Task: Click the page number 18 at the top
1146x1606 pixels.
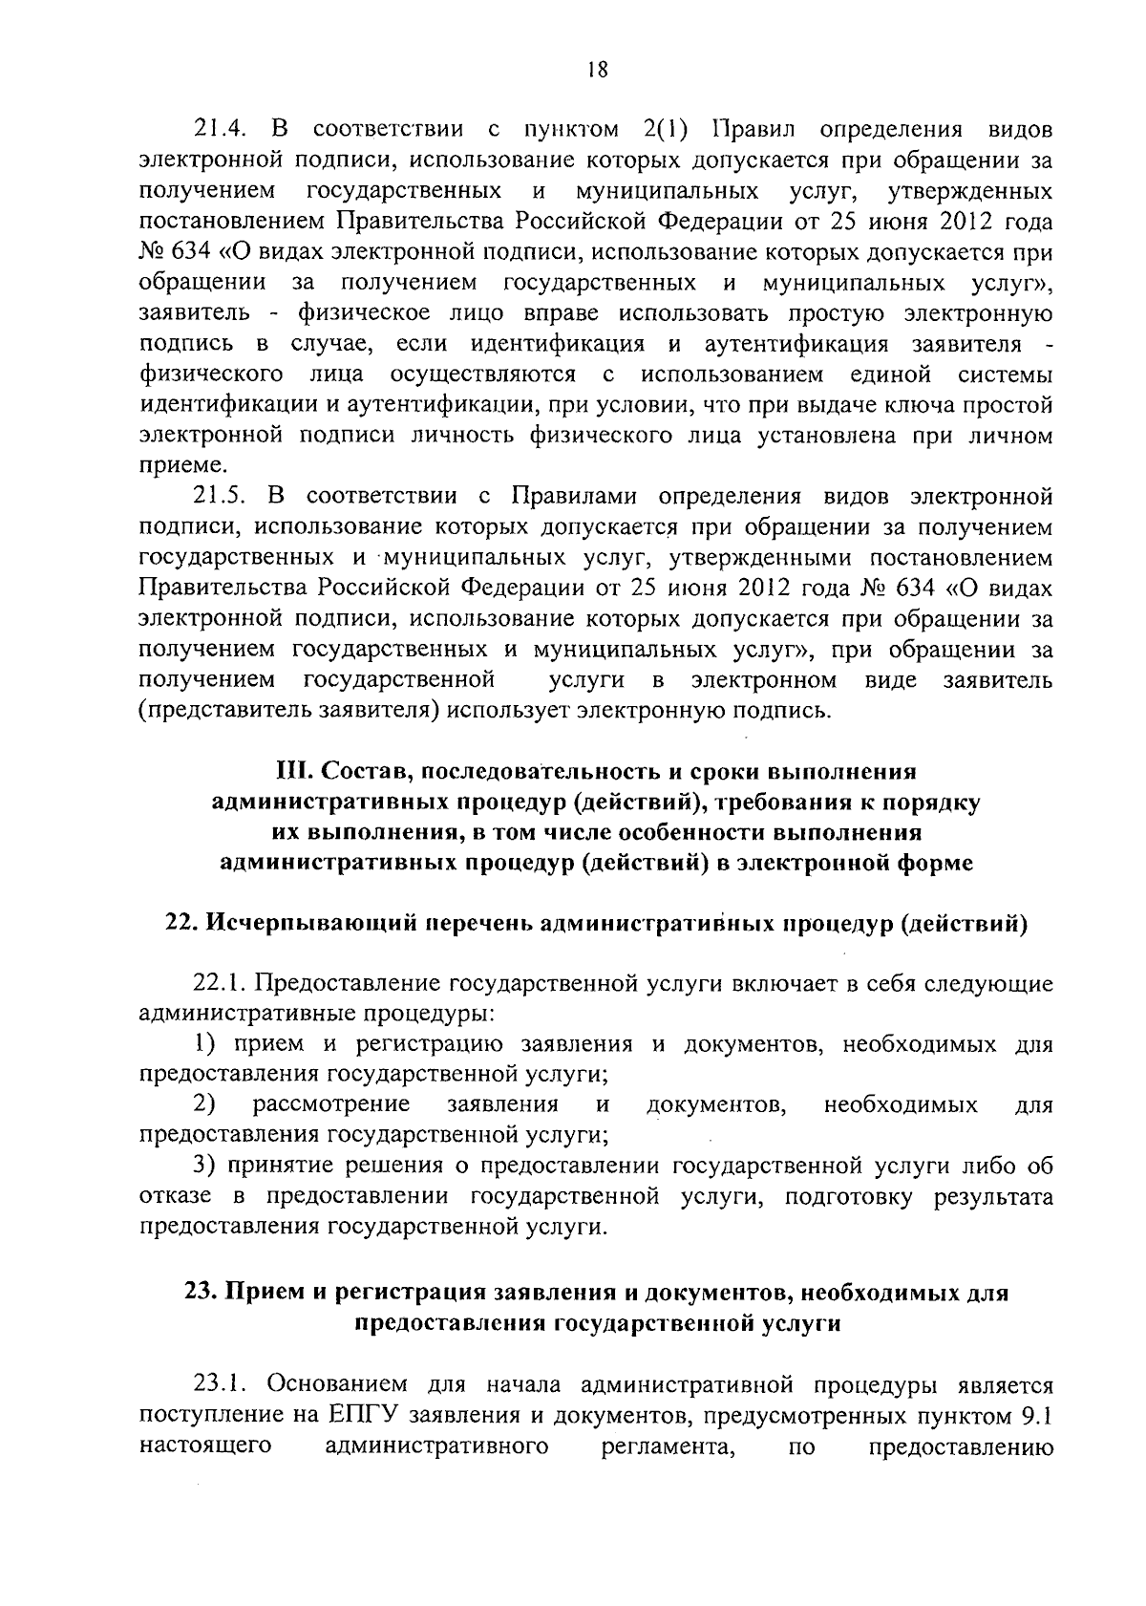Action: (597, 69)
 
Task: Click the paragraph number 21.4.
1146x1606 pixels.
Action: (221, 130)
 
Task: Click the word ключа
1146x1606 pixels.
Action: (906, 405)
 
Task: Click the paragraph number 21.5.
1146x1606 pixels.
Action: (221, 497)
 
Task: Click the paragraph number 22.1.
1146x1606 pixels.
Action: (221, 984)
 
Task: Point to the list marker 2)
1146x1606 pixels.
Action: (203, 1105)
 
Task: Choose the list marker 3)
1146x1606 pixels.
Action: (203, 1167)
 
